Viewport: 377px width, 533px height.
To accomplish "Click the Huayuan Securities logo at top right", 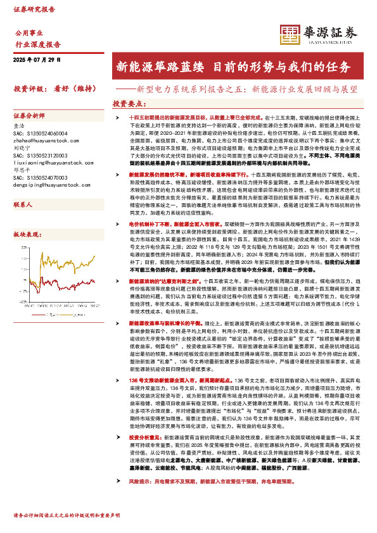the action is (x=319, y=34).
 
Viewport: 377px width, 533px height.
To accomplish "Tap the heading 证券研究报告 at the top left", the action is (x=34, y=10).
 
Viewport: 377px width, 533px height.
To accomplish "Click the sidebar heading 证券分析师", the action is (x=30, y=116).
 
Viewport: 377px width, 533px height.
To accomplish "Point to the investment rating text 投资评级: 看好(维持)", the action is (x=51, y=89).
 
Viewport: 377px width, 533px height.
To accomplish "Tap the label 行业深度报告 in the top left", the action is (x=37, y=45).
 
